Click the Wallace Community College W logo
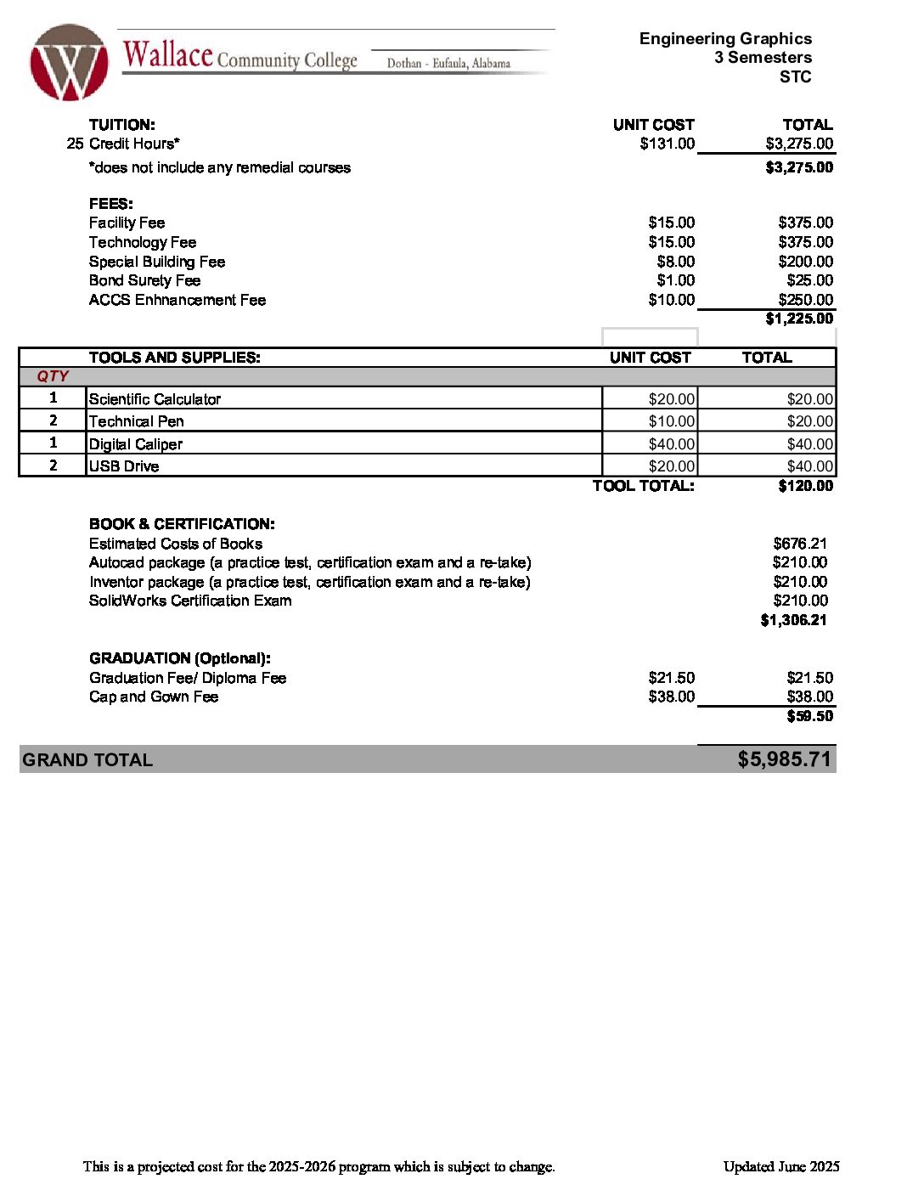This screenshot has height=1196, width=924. [x=69, y=63]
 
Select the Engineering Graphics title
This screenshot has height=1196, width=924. [x=725, y=38]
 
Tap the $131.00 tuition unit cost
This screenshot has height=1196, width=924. [x=667, y=144]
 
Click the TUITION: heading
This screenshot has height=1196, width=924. [x=122, y=125]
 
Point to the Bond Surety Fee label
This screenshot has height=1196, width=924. [x=144, y=280]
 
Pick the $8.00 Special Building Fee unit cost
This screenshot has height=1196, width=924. [x=675, y=262]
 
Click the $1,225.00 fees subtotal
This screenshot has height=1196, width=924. [x=799, y=319]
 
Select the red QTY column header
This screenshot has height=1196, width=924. [x=53, y=376]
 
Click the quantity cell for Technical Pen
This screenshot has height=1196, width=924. [x=53, y=420]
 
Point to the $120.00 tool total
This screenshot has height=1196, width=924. [x=805, y=486]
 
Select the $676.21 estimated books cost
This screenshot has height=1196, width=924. [x=800, y=544]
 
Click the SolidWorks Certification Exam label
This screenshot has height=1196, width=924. [x=190, y=601]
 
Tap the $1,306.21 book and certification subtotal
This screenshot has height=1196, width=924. [x=793, y=620]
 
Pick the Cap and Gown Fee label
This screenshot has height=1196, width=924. [x=154, y=697]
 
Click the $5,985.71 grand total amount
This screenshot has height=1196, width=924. [x=784, y=759]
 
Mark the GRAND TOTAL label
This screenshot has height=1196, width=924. [x=87, y=760]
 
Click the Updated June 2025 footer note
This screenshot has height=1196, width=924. [x=781, y=1166]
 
